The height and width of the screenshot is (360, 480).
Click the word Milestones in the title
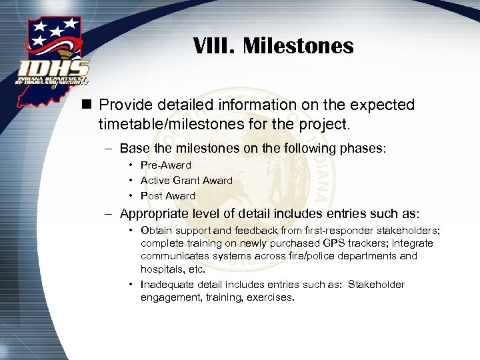click(x=298, y=46)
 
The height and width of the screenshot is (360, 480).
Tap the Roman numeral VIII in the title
click(x=215, y=46)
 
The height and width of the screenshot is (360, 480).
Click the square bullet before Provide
click(x=87, y=105)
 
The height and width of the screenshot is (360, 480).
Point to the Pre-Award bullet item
click(x=165, y=165)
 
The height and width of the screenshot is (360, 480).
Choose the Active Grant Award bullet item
click(x=186, y=181)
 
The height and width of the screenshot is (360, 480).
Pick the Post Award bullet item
click(x=167, y=196)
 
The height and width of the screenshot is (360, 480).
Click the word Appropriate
click(x=156, y=214)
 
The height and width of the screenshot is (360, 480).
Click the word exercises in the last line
click(x=270, y=297)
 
